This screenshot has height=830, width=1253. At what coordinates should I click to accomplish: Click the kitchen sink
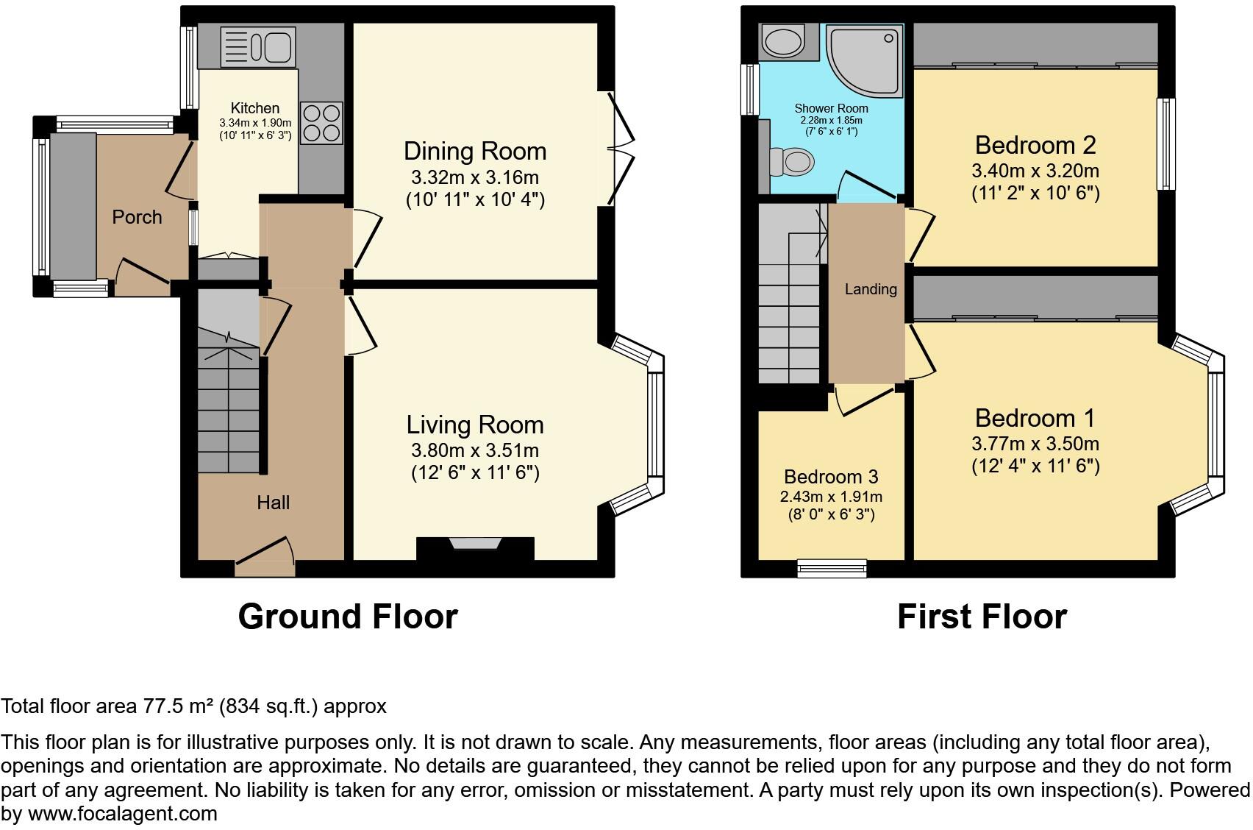point(257,46)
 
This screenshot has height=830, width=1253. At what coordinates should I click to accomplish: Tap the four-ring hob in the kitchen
point(321,122)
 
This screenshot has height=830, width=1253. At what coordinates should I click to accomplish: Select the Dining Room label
point(475,151)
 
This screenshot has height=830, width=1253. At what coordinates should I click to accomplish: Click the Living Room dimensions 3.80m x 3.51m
point(475,450)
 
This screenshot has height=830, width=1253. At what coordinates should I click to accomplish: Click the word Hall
point(273,503)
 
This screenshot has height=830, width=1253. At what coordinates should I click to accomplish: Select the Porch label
point(137,217)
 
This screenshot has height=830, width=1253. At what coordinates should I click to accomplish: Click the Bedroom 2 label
point(1035,145)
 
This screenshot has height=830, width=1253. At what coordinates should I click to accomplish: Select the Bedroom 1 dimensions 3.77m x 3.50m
point(1035,444)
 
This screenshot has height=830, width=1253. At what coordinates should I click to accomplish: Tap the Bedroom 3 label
point(831,477)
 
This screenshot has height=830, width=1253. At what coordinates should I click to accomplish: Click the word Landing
point(870,289)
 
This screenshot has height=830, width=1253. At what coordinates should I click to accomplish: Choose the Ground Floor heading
point(348,617)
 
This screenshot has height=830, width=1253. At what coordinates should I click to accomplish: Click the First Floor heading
point(981,617)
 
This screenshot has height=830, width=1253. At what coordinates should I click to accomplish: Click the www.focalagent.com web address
point(122,814)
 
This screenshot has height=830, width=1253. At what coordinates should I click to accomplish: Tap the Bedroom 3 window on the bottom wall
point(832,567)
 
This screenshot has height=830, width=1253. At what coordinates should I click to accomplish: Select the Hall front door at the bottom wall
point(265,567)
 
